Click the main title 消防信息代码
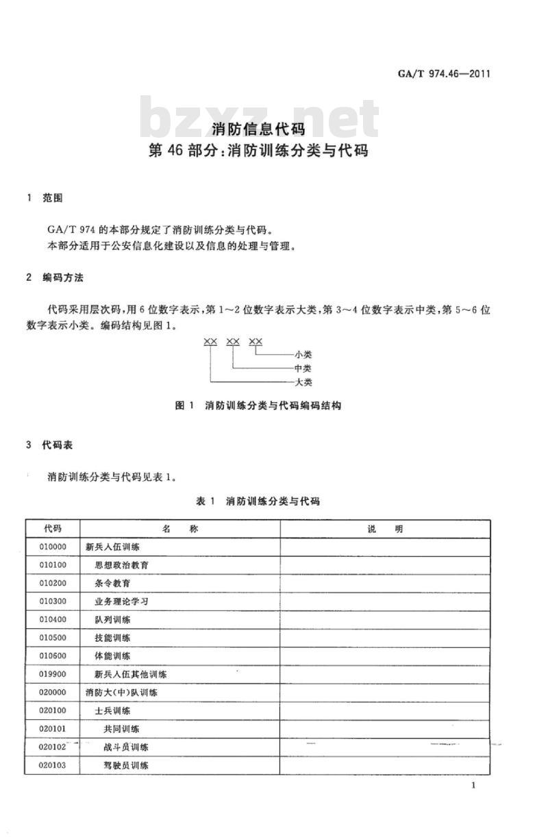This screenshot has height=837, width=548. point(258,128)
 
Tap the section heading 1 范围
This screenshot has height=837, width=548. point(44,198)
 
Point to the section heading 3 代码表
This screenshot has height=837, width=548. point(49,445)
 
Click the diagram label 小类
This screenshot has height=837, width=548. point(303,355)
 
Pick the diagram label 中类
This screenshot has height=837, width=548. point(303,368)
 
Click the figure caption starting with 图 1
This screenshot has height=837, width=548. point(258,405)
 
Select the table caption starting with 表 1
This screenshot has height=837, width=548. point(258,501)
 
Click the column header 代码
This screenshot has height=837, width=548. point(52,529)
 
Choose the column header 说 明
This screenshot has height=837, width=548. point(385,529)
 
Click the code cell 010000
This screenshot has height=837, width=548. point(53,547)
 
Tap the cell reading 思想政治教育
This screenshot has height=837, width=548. point(122,566)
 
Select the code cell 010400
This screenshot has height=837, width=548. point(53,620)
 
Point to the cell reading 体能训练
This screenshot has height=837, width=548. point(113,656)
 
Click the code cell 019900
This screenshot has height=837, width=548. point(53,674)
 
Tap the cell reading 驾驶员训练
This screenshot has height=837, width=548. point(126,765)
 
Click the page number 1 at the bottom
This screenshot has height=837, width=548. point(473,786)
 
